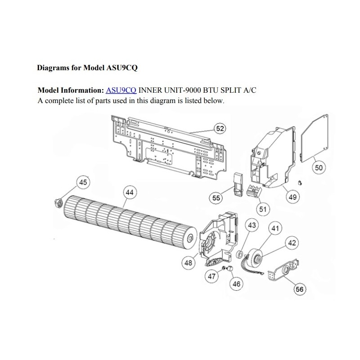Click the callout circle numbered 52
tap(220, 129)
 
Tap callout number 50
tap(319, 167)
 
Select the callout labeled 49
tap(292, 197)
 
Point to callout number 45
tap(83, 182)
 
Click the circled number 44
tap(130, 193)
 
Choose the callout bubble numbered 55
tap(216, 198)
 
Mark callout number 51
tap(263, 209)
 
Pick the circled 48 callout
tap(188, 262)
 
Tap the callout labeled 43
tap(252, 225)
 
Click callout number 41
tap(275, 228)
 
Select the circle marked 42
tap(292, 243)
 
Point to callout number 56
tap(300, 289)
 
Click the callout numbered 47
tap(211, 276)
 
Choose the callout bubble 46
tap(236, 284)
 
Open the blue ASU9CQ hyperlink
tap(121, 90)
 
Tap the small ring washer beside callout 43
tap(240, 254)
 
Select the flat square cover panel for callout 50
tap(315, 138)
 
